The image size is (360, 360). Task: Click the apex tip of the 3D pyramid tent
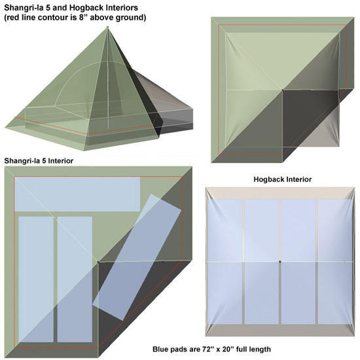pos(107,27)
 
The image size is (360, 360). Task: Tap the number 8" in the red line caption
pos(83,18)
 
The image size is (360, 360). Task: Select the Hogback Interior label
pos(282,179)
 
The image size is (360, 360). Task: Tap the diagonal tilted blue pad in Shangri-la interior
pos(137,257)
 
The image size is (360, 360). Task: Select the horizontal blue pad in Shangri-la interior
pos(77,194)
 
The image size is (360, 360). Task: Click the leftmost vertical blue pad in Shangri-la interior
pos(36,279)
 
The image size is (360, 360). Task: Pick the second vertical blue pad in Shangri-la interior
pos(75,279)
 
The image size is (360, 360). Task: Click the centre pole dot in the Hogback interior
pos(280,262)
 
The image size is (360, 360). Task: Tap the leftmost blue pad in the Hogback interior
pos(225,262)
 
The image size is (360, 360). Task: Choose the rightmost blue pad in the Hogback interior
pos(335,262)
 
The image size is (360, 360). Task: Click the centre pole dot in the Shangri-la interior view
pos(98,262)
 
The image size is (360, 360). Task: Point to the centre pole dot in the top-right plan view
pos(282,90)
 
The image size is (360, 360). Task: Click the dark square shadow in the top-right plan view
pos(310,118)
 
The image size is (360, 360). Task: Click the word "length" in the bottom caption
pos(259,350)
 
